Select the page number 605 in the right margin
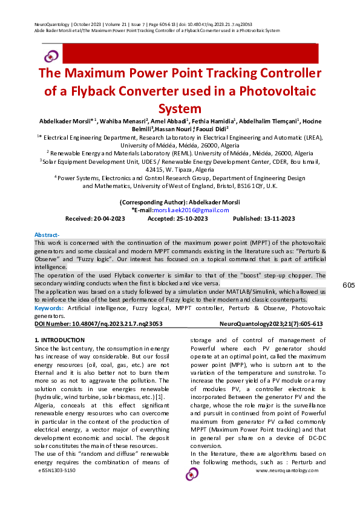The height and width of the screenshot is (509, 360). tap(348, 285)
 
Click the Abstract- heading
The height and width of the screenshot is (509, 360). tap(47, 235)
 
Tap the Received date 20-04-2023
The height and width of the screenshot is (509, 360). tap(87, 218)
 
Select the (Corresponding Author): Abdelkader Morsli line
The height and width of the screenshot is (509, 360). tap(179, 202)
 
